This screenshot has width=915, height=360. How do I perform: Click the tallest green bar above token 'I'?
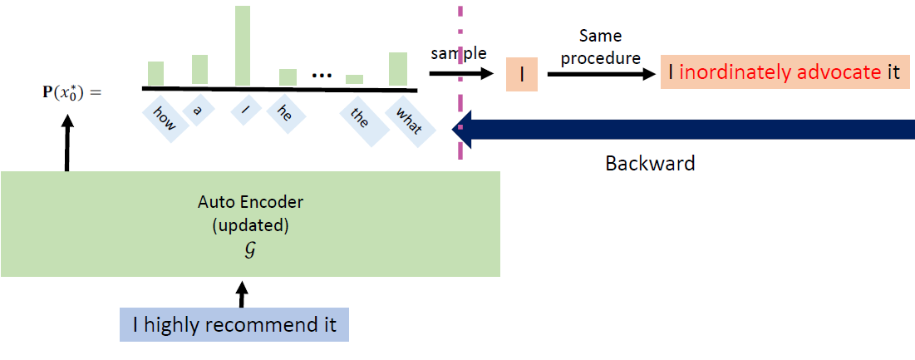pyautogui.click(x=243, y=46)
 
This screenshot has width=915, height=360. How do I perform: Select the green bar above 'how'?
pyautogui.click(x=155, y=73)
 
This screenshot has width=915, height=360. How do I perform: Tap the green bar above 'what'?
pyautogui.click(x=398, y=69)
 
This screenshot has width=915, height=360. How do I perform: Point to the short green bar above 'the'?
pyautogui.click(x=354, y=80)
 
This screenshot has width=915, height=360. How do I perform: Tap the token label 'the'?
pyautogui.click(x=359, y=118)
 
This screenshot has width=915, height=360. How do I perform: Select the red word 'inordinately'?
pyautogui.click(x=735, y=72)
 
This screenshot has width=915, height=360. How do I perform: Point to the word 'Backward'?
pyautogui.click(x=649, y=163)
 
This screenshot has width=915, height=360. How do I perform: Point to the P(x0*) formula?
pyautogui.click(x=71, y=91)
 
